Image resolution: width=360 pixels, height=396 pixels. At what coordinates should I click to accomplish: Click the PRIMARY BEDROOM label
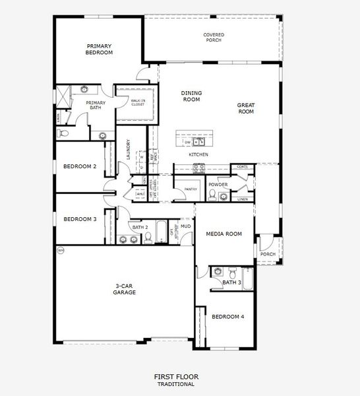tap(100, 49)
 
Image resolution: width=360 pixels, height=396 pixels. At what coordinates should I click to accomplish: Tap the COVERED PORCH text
tap(212, 37)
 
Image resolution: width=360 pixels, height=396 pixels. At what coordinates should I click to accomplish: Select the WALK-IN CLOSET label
tap(138, 102)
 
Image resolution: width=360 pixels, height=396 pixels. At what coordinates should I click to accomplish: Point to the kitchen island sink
tap(200, 142)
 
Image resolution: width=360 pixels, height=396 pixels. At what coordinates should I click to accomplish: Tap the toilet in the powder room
tap(212, 194)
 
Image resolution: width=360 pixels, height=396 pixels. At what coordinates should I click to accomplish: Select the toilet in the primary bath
tap(63, 133)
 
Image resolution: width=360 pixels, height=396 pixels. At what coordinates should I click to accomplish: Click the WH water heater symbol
tap(61, 250)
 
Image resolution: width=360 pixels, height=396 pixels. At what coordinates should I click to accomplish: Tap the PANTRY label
tap(192, 189)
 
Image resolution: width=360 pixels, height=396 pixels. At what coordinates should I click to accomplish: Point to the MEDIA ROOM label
tap(224, 234)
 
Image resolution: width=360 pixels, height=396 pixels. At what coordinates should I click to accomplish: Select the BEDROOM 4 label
tap(227, 317)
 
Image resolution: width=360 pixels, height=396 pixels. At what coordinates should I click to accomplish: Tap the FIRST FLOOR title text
tap(175, 377)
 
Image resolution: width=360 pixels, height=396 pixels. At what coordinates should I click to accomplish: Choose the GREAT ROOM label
tap(246, 108)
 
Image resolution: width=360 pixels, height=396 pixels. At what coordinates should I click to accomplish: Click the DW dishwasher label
tap(188, 142)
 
